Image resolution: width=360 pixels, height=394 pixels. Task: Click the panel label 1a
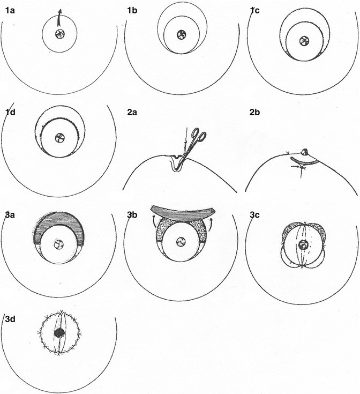(10, 11)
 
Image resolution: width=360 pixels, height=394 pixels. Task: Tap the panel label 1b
(132, 11)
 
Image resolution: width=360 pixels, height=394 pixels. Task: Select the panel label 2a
(132, 113)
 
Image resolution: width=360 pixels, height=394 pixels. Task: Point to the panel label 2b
(254, 113)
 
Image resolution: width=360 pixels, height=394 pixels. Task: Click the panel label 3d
(10, 319)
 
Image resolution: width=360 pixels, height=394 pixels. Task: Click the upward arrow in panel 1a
(59, 18)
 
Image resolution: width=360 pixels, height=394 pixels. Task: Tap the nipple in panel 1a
(60, 34)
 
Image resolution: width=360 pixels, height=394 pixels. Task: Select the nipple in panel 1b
(181, 35)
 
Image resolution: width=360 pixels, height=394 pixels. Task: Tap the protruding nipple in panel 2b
(304, 152)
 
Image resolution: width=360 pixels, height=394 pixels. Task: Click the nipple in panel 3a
(59, 244)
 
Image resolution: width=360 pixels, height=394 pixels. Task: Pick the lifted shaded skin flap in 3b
(183, 212)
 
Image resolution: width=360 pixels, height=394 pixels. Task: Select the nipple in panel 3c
(304, 244)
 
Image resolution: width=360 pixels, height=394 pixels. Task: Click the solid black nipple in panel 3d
(60, 333)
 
